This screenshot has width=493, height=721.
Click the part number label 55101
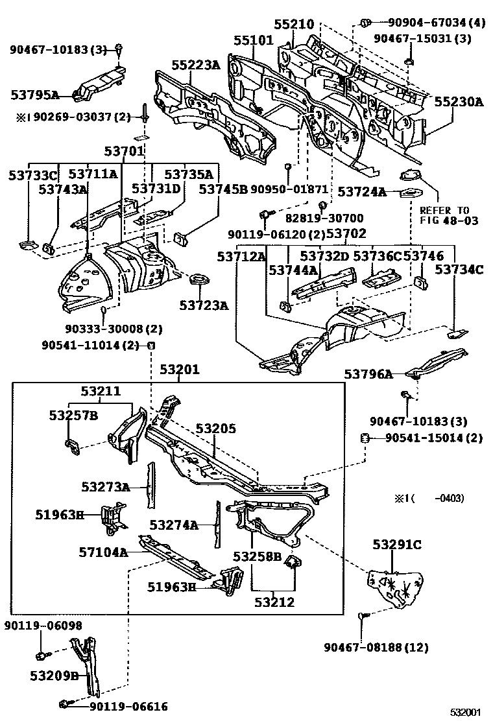[254, 40]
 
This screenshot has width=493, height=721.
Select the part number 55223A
[195, 65]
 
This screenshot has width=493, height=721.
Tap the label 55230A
[459, 101]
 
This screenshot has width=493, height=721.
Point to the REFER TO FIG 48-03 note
[449, 215]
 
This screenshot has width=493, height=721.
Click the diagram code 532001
[468, 712]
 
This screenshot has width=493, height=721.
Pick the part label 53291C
[396, 544]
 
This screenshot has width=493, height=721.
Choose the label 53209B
[54, 676]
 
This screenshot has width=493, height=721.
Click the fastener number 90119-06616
[128, 707]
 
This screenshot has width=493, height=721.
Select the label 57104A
[103, 552]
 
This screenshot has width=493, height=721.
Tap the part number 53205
[216, 429]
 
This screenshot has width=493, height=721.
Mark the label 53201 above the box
[180, 370]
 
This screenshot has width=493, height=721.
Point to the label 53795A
[35, 95]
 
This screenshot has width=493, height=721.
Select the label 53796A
[368, 374]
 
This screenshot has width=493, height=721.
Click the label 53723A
[204, 305]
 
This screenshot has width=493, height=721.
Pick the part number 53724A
[362, 192]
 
